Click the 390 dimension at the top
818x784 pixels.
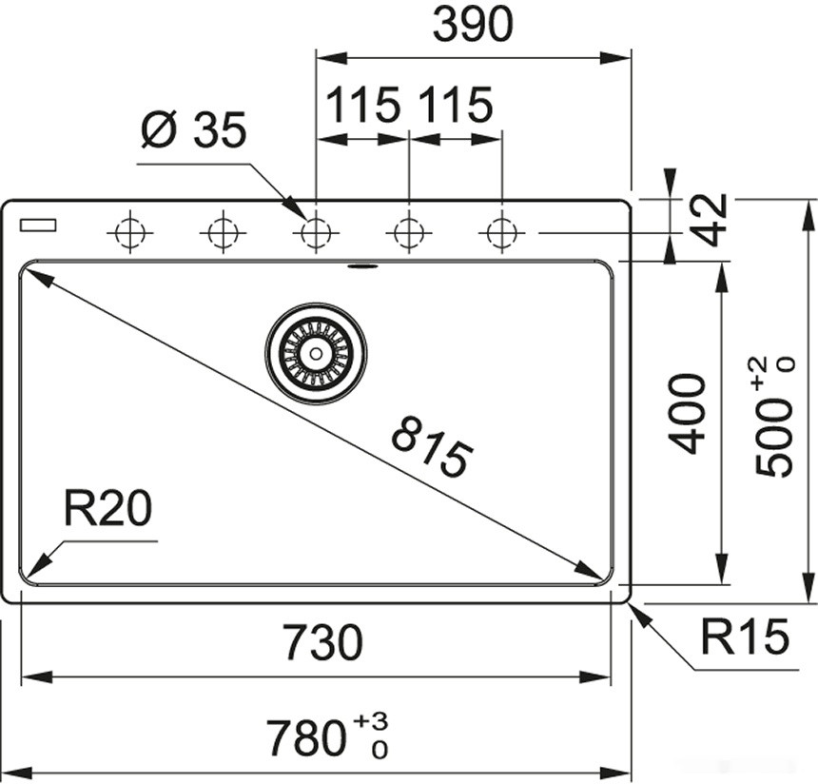click(x=472, y=26)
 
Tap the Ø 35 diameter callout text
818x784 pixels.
click(x=193, y=130)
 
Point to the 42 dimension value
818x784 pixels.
click(x=710, y=220)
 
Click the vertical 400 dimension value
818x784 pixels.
click(x=687, y=414)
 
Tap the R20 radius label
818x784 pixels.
click(x=107, y=509)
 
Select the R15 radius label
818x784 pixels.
click(x=745, y=637)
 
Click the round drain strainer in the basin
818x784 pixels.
click(x=316, y=354)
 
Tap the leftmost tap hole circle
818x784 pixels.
click(x=129, y=232)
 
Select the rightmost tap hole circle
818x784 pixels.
click(x=501, y=232)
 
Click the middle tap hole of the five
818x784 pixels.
click(x=316, y=232)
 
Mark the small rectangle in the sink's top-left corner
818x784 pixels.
click(x=38, y=225)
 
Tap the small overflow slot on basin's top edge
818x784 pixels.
click(x=362, y=266)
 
